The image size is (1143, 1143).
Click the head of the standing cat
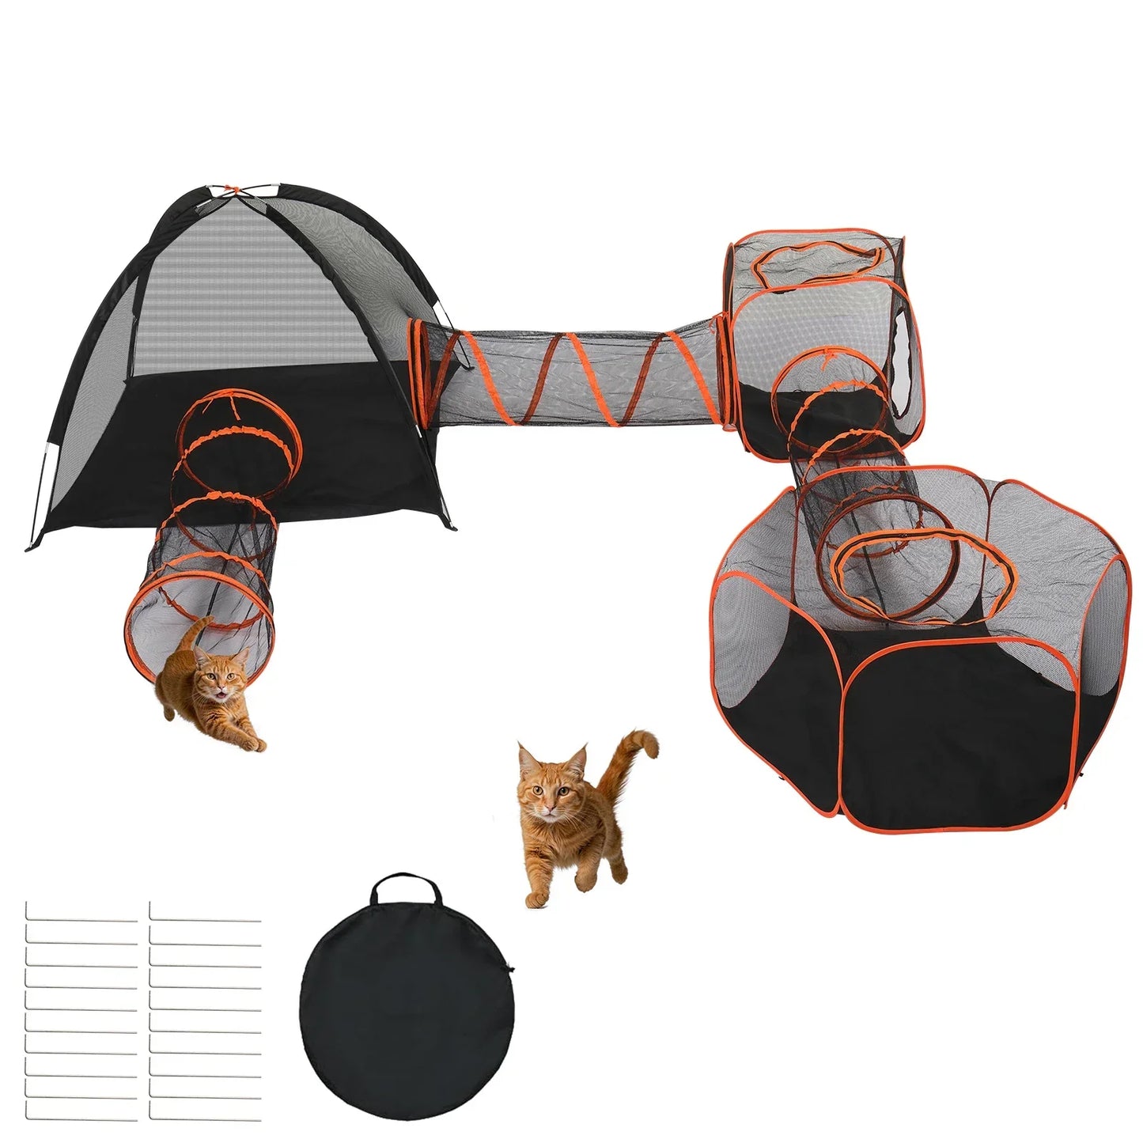[551, 783]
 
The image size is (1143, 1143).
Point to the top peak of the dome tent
[230, 191]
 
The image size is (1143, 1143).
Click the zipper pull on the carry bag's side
[511, 968]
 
